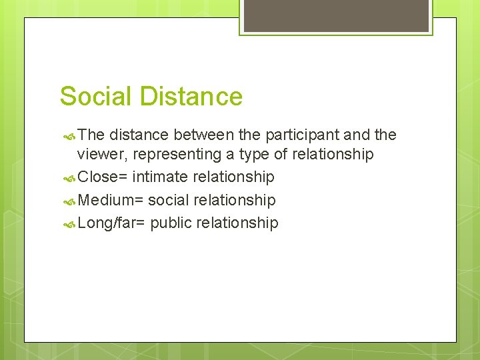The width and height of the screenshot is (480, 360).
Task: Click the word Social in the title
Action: click(x=95, y=97)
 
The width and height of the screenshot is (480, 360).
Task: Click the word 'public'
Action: click(x=170, y=223)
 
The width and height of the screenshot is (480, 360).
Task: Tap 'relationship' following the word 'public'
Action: click(x=236, y=223)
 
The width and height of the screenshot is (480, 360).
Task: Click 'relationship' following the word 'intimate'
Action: click(x=233, y=177)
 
